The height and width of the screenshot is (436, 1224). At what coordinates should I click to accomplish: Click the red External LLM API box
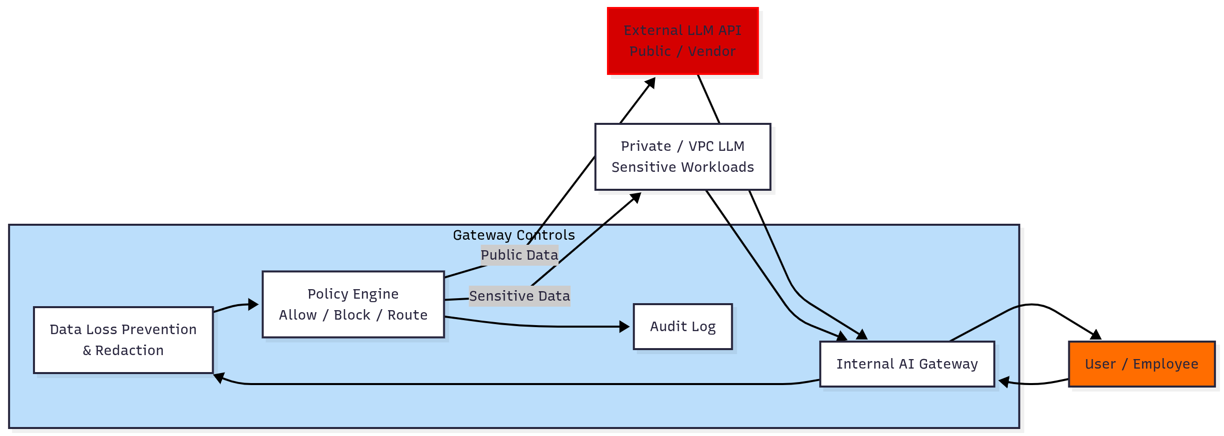[x=682, y=41]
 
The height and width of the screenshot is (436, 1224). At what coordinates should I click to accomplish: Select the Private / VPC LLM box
[x=682, y=156]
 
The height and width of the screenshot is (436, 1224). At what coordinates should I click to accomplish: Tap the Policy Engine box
[x=353, y=304]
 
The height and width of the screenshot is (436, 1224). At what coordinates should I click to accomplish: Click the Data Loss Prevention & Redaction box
[x=123, y=340]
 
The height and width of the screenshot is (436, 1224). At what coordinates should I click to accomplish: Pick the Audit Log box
[x=682, y=327]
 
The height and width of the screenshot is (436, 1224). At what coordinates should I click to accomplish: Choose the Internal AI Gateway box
[x=907, y=364]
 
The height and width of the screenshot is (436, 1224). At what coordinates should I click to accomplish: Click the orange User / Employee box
[x=1141, y=364]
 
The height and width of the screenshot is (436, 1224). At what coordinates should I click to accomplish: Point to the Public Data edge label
[x=519, y=255]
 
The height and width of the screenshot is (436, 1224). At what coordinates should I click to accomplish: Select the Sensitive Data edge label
[x=519, y=296]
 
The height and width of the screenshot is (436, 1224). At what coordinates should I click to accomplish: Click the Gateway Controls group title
[x=514, y=235]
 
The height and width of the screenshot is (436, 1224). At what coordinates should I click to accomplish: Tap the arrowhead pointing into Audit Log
[x=624, y=327]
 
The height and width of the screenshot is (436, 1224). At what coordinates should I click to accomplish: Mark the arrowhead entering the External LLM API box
[x=650, y=82]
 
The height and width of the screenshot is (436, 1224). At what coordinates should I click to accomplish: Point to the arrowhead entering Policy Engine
[x=254, y=304]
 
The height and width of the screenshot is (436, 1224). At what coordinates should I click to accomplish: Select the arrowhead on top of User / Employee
[x=1096, y=335]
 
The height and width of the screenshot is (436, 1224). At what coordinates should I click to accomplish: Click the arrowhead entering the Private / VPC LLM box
[x=636, y=198]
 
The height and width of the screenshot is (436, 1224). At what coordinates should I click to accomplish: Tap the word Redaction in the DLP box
[x=129, y=351]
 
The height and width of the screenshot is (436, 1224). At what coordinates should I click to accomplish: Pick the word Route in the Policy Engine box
[x=407, y=315]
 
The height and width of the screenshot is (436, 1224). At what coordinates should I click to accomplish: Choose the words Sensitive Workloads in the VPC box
[x=682, y=167]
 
